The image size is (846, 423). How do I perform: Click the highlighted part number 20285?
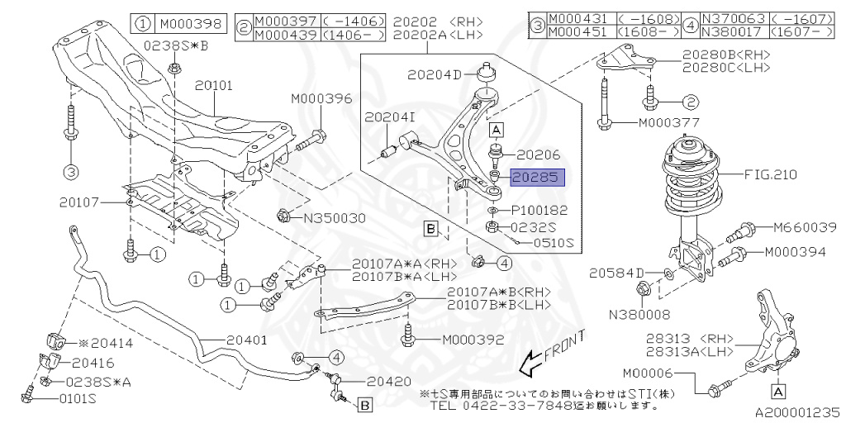(537, 177)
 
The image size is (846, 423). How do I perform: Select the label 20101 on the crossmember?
(215, 84)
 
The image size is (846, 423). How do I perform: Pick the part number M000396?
(321, 99)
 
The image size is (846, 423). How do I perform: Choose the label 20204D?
(435, 74)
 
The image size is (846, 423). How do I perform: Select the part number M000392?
(473, 339)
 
